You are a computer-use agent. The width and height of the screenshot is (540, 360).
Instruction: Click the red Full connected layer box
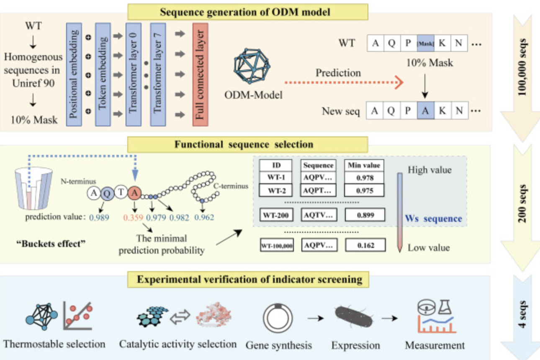(201, 75)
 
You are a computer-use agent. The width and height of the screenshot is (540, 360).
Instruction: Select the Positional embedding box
(74, 75)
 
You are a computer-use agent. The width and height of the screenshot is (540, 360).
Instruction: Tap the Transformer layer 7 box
(158, 75)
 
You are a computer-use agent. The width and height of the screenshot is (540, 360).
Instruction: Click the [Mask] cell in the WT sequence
(425, 43)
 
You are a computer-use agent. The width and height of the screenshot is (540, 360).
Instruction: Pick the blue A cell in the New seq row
(425, 111)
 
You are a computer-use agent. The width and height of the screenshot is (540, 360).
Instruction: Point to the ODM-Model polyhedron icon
(252, 66)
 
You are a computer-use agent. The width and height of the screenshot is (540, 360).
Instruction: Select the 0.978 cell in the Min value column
(364, 178)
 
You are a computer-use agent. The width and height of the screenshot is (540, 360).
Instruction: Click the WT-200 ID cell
(276, 215)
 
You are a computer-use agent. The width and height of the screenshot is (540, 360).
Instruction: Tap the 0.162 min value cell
(365, 245)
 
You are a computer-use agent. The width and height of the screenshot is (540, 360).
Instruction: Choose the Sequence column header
(318, 165)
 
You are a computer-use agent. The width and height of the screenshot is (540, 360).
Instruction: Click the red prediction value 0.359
(133, 218)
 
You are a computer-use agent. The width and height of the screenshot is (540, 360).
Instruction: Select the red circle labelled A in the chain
(134, 193)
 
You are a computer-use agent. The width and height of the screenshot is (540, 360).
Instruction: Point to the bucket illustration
(33, 188)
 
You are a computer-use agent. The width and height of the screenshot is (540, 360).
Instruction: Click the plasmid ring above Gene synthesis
(278, 318)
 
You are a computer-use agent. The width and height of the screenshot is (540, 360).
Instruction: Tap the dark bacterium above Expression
(353, 317)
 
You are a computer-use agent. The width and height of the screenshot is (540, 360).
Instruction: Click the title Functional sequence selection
(244, 144)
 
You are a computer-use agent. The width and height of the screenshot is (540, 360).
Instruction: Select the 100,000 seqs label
(522, 67)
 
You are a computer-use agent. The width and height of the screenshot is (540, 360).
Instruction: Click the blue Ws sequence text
(433, 219)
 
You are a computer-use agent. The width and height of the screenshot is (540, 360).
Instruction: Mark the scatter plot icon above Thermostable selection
(78, 316)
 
